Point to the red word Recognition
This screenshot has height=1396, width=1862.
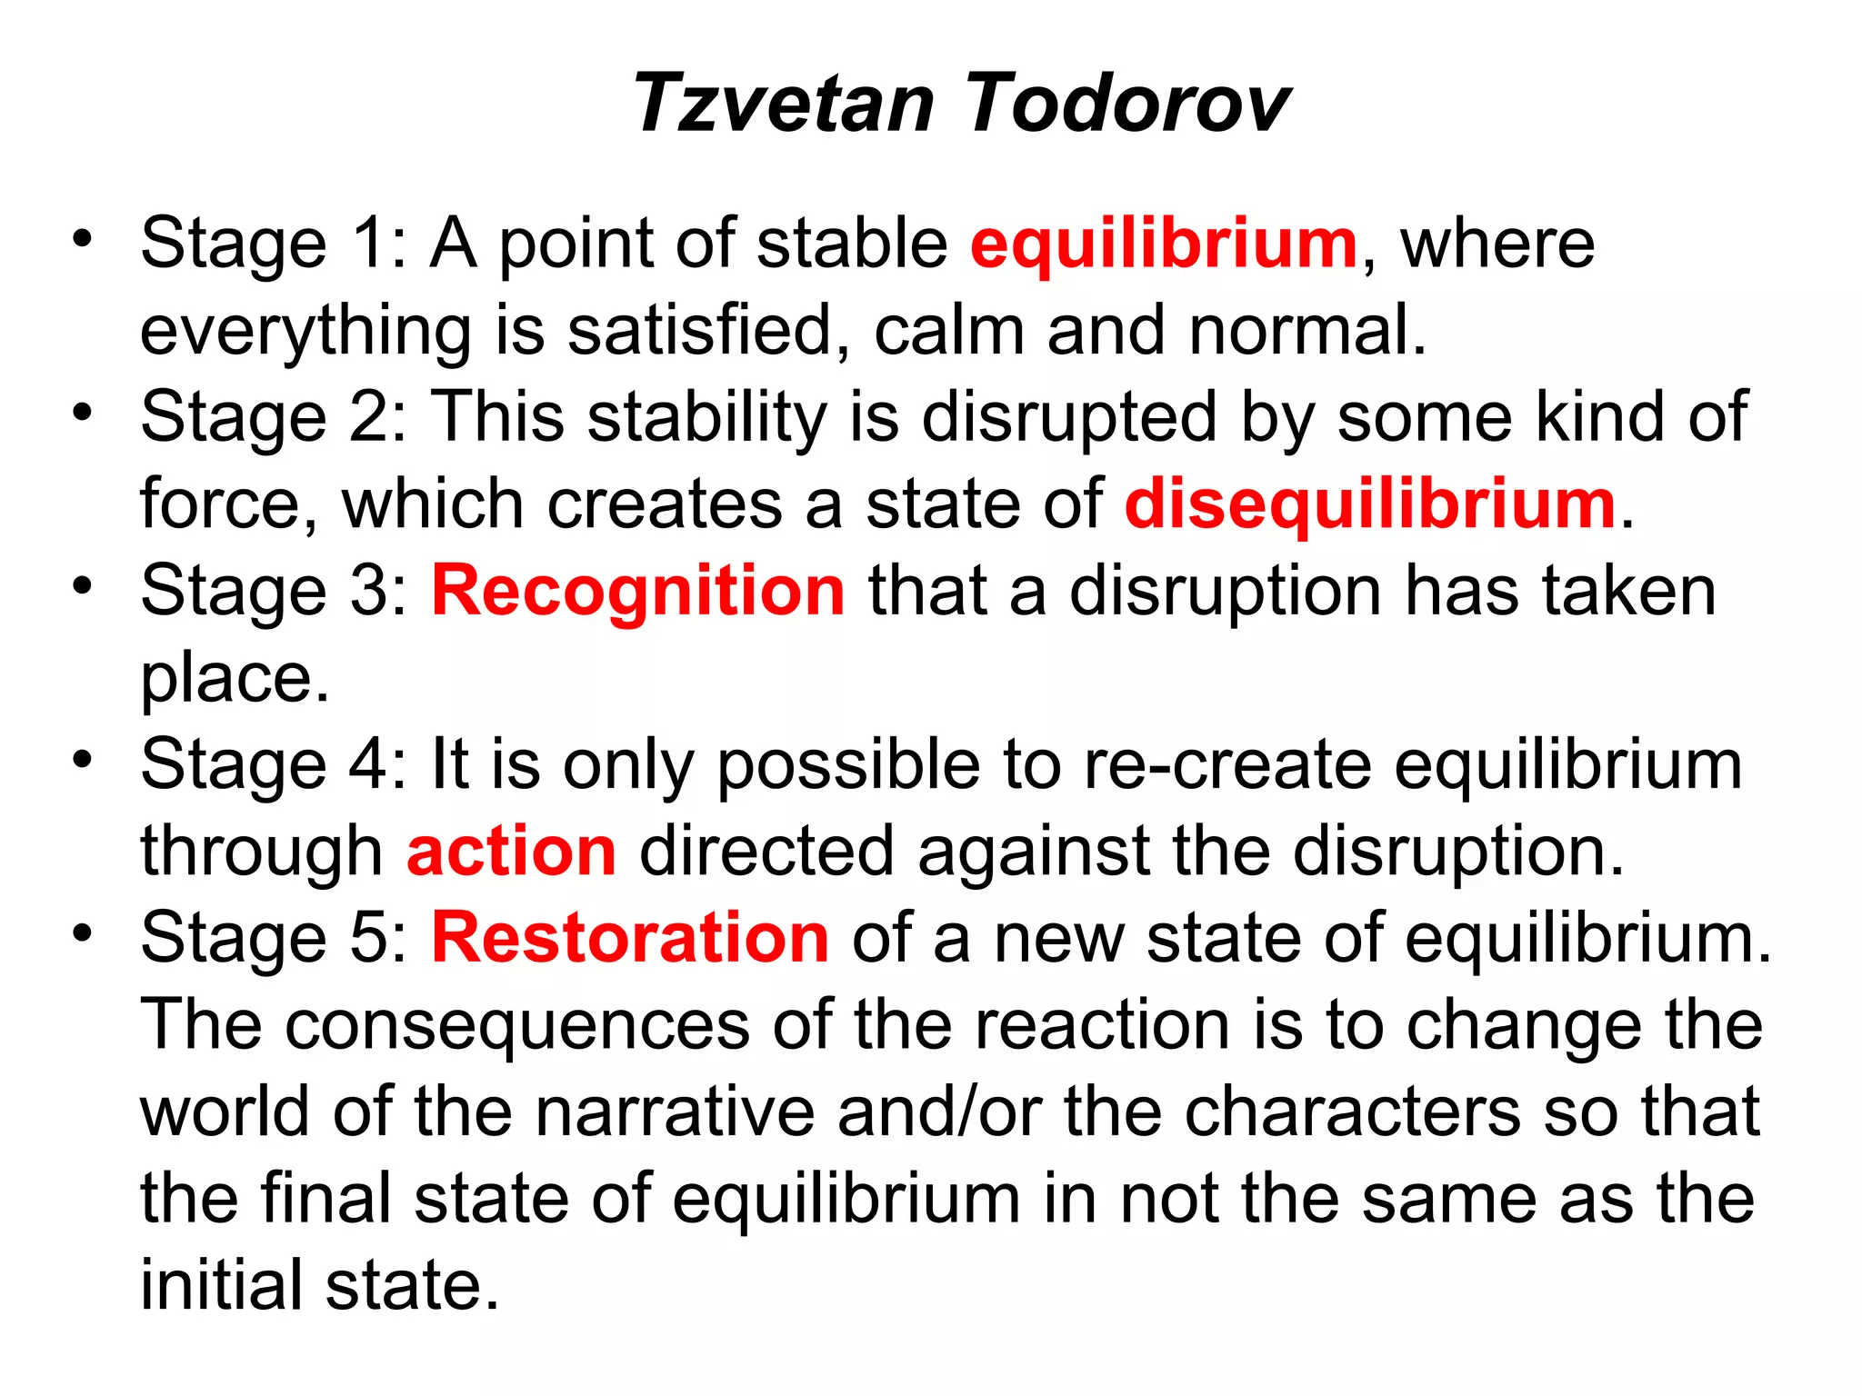click(638, 591)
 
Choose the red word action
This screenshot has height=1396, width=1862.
click(512, 852)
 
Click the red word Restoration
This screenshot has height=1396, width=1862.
click(630, 938)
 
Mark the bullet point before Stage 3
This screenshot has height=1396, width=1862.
click(84, 586)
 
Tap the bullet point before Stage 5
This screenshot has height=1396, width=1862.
click(84, 933)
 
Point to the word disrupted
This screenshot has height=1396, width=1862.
click(1069, 417)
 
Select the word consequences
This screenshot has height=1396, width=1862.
click(518, 1025)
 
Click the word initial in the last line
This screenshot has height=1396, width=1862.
click(222, 1285)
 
